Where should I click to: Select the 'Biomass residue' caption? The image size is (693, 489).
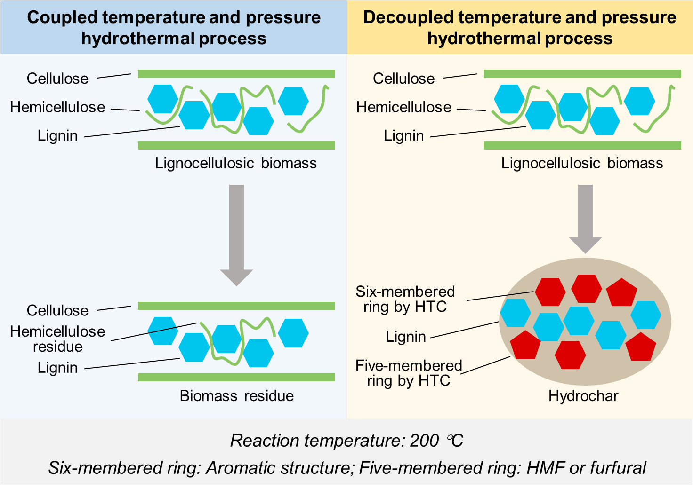(x=236, y=396)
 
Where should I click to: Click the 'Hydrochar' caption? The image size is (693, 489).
(x=583, y=396)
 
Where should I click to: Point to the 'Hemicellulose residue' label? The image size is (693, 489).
(x=57, y=339)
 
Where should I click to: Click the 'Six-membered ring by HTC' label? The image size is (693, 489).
(x=405, y=299)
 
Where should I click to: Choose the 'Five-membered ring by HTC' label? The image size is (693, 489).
(x=409, y=373)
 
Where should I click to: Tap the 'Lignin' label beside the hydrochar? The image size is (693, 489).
(x=405, y=337)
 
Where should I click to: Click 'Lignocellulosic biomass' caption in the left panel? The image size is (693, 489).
(x=236, y=163)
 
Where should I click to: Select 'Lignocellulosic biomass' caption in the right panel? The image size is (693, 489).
(x=582, y=163)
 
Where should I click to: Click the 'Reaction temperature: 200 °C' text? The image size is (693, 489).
(x=346, y=441)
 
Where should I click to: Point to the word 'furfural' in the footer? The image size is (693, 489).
(x=618, y=468)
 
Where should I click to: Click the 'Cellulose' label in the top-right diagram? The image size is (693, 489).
(x=403, y=79)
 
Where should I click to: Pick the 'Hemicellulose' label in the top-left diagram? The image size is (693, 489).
(x=57, y=107)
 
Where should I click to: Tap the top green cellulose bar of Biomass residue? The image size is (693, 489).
(x=236, y=306)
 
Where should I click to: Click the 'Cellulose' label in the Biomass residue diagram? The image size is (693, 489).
(x=57, y=310)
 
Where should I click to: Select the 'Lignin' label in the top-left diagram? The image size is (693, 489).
(x=57, y=136)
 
